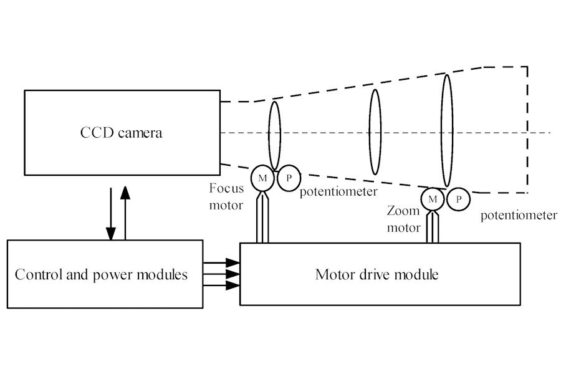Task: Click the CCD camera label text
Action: [121, 133]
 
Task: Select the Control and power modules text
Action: [101, 274]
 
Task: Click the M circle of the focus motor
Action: [262, 178]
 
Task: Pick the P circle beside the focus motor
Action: [288, 178]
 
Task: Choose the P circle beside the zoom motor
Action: [459, 199]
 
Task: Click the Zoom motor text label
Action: [403, 219]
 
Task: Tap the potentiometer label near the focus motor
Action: [338, 191]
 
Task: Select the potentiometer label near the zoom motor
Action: [519, 216]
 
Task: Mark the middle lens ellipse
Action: [375, 132]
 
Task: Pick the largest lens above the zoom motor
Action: [446, 131]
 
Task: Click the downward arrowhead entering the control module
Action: [111, 234]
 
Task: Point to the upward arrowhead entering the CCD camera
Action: [125, 191]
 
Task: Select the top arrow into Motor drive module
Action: [231, 263]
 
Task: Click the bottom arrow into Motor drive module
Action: [231, 285]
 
